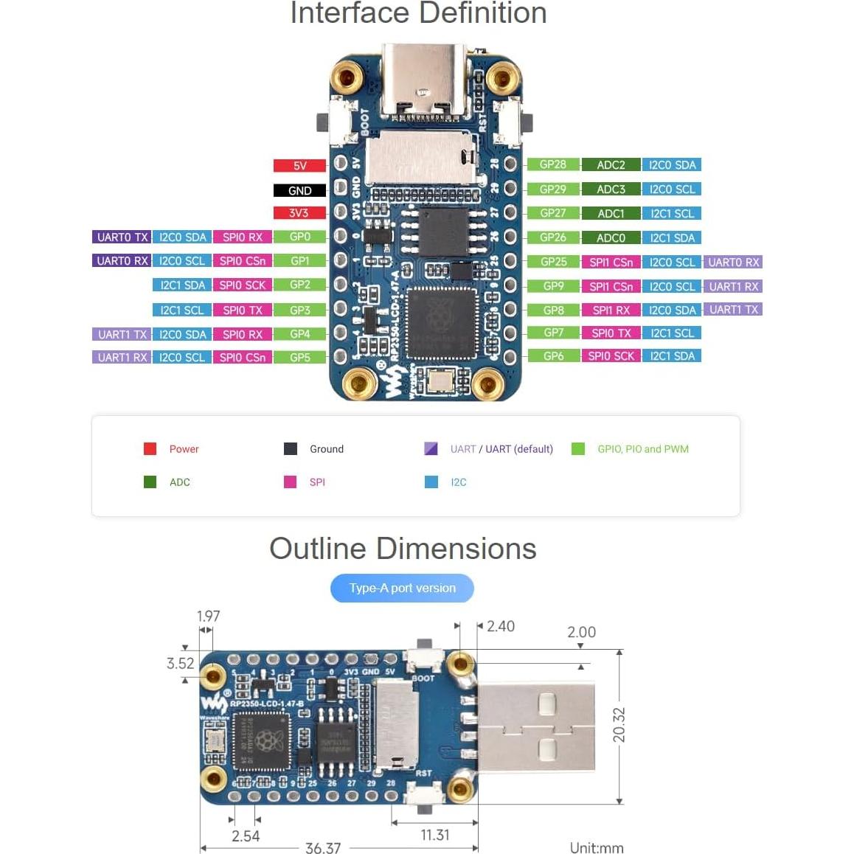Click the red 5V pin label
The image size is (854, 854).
click(x=299, y=166)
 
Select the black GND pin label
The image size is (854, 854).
click(x=299, y=190)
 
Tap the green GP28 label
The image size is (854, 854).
click(x=553, y=164)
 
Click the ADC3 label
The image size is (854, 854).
click(x=611, y=189)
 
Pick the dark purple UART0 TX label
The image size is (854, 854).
click(x=122, y=237)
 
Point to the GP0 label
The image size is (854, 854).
click(x=300, y=237)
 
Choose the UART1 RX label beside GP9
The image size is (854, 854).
click(x=734, y=286)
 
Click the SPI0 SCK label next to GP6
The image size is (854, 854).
click(x=611, y=355)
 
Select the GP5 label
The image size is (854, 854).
click(x=300, y=357)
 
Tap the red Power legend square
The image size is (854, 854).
click(x=150, y=448)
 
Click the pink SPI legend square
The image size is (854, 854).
click(x=290, y=482)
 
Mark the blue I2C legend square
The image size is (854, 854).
click(x=431, y=482)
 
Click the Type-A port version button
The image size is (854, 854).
click(x=402, y=588)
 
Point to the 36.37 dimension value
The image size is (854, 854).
click(x=323, y=848)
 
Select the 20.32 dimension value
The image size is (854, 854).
click(x=619, y=725)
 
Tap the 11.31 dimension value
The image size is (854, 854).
click(x=435, y=835)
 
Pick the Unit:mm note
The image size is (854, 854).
click(x=597, y=848)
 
